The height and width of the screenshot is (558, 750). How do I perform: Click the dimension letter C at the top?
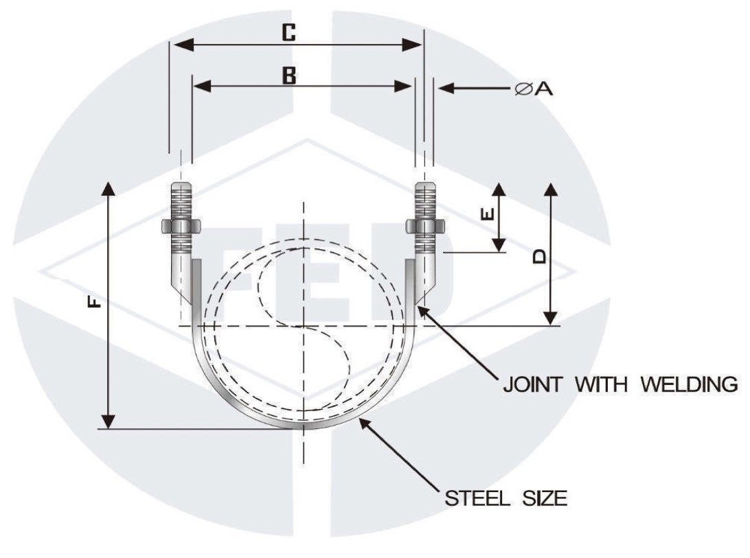[x=289, y=32]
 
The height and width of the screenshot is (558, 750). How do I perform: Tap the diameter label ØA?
[x=534, y=89]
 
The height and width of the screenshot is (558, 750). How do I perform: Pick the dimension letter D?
[x=540, y=256]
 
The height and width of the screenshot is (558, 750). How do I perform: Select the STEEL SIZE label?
[x=506, y=498]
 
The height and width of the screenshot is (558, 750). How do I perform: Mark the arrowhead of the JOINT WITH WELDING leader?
[x=422, y=311]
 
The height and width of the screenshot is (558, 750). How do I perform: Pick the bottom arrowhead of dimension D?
[x=550, y=319]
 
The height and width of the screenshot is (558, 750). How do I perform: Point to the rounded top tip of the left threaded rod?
[x=181, y=186]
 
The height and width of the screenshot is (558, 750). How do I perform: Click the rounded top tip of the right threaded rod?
[x=425, y=186]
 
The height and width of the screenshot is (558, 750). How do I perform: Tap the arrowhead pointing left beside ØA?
[x=444, y=88]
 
